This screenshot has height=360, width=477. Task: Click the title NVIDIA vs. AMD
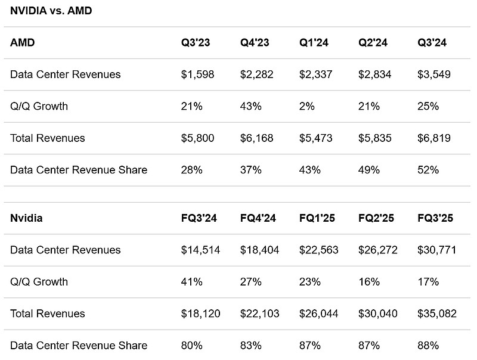(51, 11)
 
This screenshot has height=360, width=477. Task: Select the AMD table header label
(23, 43)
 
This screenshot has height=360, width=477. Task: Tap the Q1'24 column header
(314, 43)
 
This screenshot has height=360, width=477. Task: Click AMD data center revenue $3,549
(434, 75)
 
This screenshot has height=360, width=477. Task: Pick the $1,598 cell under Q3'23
(197, 75)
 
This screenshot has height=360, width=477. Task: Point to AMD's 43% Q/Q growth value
(251, 106)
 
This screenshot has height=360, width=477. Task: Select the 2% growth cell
(307, 106)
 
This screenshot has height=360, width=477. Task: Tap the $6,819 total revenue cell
(434, 138)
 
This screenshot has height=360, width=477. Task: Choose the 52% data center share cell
(428, 170)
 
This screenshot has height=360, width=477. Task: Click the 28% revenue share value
(191, 170)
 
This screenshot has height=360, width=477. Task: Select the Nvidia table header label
(26, 218)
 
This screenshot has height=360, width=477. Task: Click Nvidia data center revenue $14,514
(200, 250)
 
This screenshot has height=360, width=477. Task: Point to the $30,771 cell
(437, 250)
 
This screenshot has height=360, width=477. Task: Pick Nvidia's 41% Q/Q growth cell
(191, 281)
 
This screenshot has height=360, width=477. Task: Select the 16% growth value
(368, 281)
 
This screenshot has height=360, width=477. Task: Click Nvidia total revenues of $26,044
(318, 314)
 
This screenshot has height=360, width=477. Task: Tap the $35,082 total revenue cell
(437, 314)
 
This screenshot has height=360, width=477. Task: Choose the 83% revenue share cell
(251, 345)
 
